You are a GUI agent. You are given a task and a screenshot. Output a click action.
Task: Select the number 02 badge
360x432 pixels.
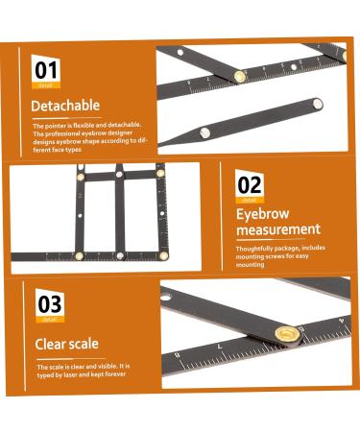[x=251, y=184]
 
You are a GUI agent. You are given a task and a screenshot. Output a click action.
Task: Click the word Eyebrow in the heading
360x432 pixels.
[x=264, y=214]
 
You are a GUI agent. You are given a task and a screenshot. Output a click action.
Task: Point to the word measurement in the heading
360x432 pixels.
[x=278, y=229]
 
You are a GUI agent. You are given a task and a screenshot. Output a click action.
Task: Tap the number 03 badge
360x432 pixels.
[x=50, y=304]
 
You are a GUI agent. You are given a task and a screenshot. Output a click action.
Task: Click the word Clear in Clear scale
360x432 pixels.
[x=52, y=343]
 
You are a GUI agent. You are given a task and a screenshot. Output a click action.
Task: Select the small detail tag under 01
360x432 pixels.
[x=46, y=84]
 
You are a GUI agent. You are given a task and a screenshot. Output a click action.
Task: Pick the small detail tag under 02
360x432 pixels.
[x=251, y=199]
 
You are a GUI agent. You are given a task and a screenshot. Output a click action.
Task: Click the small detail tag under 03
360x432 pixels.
[x=50, y=319]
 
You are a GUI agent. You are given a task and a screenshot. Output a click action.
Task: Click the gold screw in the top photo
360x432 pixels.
[x=239, y=74]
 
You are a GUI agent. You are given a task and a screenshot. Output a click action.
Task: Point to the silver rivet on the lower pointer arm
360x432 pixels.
[x=204, y=132]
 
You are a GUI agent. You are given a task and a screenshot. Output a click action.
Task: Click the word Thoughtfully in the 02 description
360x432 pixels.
[x=254, y=248]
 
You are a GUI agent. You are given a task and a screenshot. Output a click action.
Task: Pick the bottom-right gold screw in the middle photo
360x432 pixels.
[x=164, y=255]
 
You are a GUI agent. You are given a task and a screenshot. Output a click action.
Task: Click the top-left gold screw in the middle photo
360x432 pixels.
[x=80, y=174]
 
